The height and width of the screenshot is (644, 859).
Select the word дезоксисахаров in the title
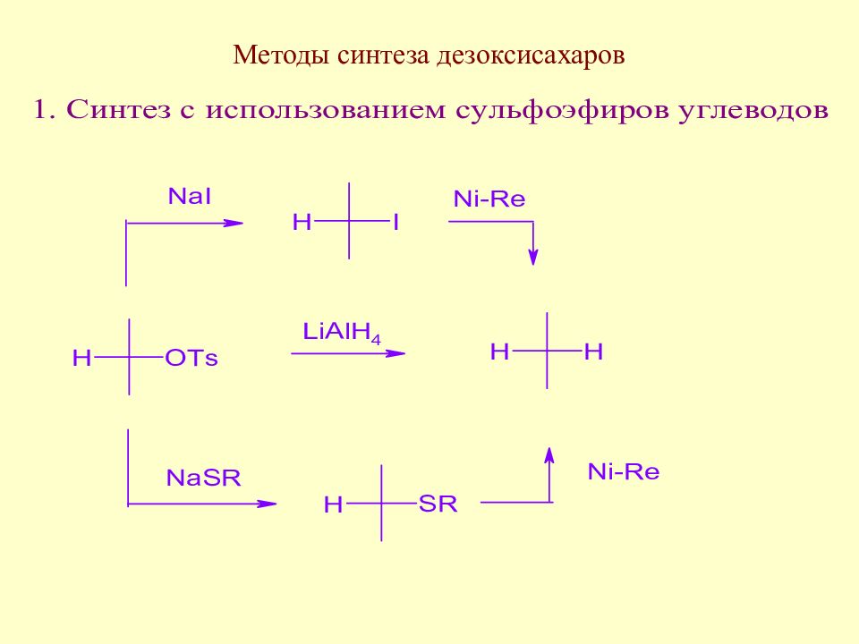click(x=531, y=56)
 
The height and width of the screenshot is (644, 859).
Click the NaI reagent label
click(x=190, y=196)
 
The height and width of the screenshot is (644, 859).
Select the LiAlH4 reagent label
click(x=342, y=333)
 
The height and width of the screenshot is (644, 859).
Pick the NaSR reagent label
click(x=203, y=478)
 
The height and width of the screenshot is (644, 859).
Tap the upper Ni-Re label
click(x=489, y=199)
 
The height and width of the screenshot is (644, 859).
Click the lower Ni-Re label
click(x=624, y=471)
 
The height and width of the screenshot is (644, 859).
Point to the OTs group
click(x=191, y=358)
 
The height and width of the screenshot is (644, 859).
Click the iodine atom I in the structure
click(x=395, y=223)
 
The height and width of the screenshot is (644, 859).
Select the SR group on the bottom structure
click(x=438, y=504)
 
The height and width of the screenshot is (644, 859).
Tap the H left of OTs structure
click(x=81, y=358)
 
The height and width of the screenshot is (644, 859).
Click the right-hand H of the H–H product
click(x=593, y=352)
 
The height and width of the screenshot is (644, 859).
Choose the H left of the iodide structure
click(x=302, y=223)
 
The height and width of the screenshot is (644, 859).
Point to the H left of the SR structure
click(x=333, y=504)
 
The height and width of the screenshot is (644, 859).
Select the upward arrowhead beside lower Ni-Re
click(x=549, y=455)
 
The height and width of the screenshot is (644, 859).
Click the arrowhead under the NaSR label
click(x=267, y=504)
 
